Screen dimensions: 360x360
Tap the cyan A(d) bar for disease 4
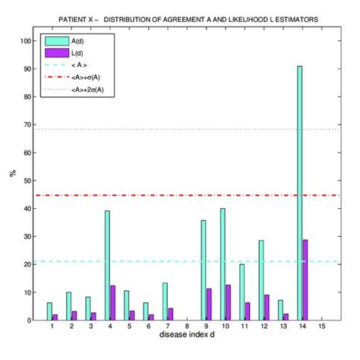107,266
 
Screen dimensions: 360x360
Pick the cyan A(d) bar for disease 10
223,264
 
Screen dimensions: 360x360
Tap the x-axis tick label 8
187,327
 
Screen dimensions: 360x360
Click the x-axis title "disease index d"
188,336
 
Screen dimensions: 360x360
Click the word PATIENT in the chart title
72,16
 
